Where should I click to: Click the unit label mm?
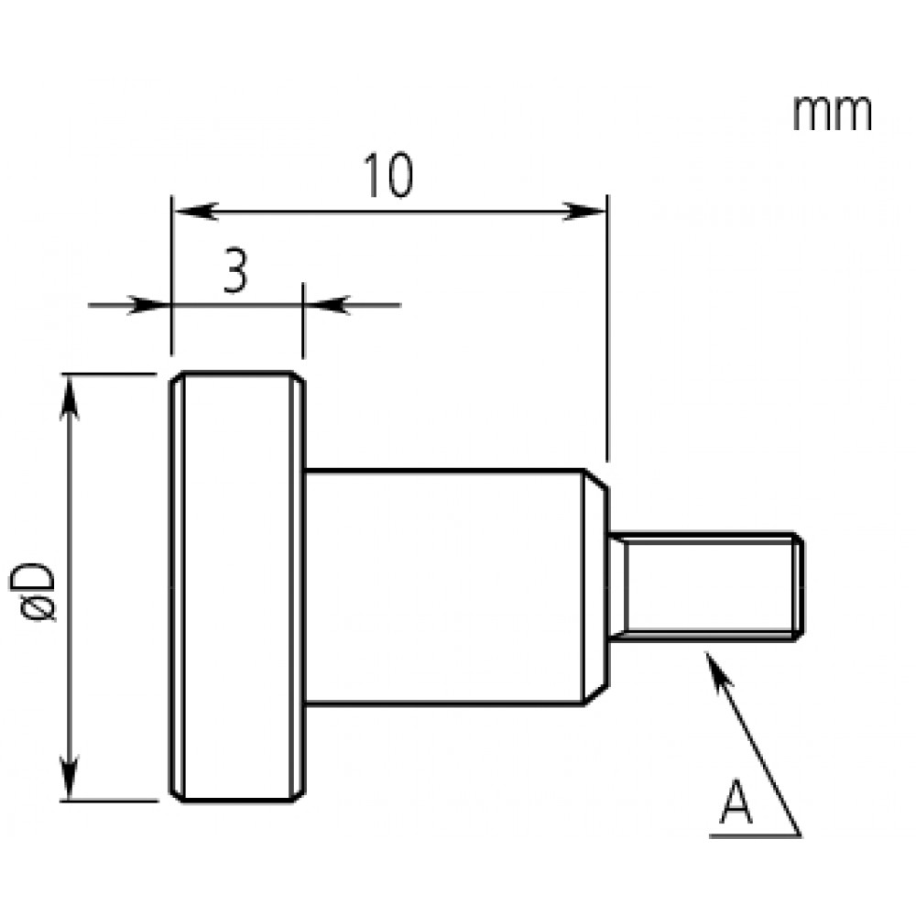tap(832, 114)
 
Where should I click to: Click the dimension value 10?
tap(388, 176)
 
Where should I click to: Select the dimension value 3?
tap(234, 271)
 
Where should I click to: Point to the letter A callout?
tap(736, 801)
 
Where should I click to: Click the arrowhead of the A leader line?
tap(714, 663)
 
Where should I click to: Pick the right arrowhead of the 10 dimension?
tap(587, 212)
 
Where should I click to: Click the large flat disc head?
tap(236, 586)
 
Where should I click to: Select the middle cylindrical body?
tap(444, 586)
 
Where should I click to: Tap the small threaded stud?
tap(705, 586)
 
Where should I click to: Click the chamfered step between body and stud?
tap(596, 586)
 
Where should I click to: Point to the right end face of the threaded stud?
tap(800, 586)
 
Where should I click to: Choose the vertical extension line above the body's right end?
tap(606, 330)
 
